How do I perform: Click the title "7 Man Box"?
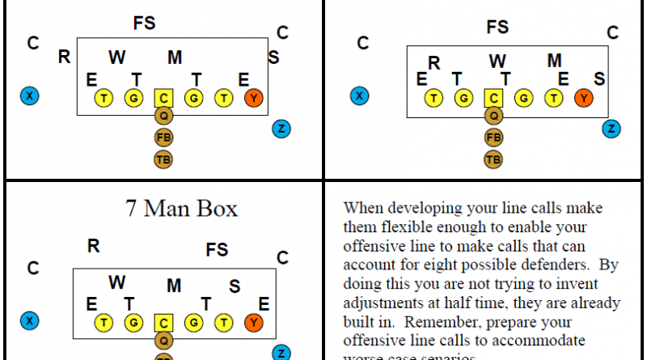(181, 209)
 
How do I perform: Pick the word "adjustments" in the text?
(384, 303)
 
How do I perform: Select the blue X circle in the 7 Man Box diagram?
(30, 320)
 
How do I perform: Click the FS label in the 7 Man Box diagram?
(217, 248)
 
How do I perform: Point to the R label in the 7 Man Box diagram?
(93, 246)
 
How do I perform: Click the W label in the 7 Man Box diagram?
(117, 282)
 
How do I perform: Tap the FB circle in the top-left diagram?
(163, 138)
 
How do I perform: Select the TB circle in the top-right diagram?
(493, 159)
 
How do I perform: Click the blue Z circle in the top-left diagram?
(281, 129)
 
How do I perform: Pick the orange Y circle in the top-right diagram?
(582, 99)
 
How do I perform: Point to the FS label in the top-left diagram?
(145, 23)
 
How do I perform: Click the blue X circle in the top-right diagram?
(359, 96)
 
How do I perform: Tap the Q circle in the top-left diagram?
(163, 116)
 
